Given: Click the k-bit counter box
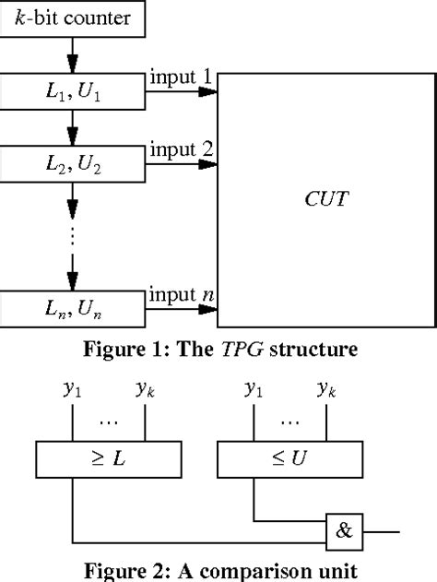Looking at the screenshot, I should point(73,17).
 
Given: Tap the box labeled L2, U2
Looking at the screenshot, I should point(73,164).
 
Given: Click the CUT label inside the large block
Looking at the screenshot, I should point(327,197).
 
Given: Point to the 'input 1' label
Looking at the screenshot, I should point(181,77).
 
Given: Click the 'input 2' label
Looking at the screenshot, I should point(181,149).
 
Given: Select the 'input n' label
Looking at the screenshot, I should point(181,296).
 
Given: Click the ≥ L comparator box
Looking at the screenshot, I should point(108,457).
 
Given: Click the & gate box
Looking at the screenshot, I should point(345,531).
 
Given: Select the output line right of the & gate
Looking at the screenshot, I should point(383,531).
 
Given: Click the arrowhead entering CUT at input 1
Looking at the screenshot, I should point(211,91).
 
